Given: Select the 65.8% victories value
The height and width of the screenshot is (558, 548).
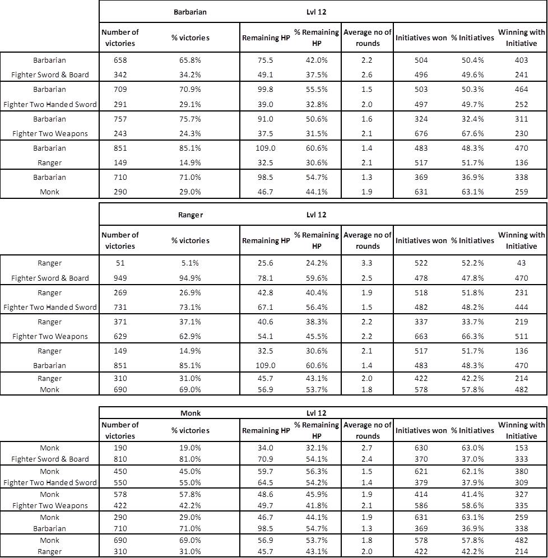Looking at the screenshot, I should pos(191,61).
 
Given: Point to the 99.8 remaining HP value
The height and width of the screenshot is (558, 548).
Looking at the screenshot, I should pos(265,90).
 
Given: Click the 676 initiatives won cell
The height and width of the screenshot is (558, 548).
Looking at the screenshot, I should pos(420,133).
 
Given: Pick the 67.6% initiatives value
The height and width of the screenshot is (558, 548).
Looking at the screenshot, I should pos(472,133).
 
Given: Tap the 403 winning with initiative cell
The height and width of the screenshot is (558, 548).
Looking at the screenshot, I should pos(521,61).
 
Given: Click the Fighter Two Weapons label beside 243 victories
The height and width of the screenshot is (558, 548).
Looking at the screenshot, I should pos(50,133).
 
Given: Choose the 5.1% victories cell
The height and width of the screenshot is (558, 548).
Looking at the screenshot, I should pos(191,263).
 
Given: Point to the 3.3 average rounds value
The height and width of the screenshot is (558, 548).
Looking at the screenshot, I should pos(368,263).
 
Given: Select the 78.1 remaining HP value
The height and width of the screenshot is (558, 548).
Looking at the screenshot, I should pos(265,278).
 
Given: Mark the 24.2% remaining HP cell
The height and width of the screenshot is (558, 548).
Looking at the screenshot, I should pos(316,263).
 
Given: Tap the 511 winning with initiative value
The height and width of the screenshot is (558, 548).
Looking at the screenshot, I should pos(521,336).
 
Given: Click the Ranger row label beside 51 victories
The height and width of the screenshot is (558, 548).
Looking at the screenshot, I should pos(50,263).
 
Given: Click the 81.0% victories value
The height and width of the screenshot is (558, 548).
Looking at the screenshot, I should pos(191,459).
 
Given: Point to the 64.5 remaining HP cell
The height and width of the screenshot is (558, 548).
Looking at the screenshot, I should pos(265,482).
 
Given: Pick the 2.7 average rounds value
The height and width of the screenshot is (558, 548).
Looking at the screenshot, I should pos(368,448).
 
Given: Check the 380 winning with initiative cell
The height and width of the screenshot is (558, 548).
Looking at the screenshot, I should pos(521,471).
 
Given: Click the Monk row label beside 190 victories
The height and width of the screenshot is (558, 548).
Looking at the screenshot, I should pos(50,448).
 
